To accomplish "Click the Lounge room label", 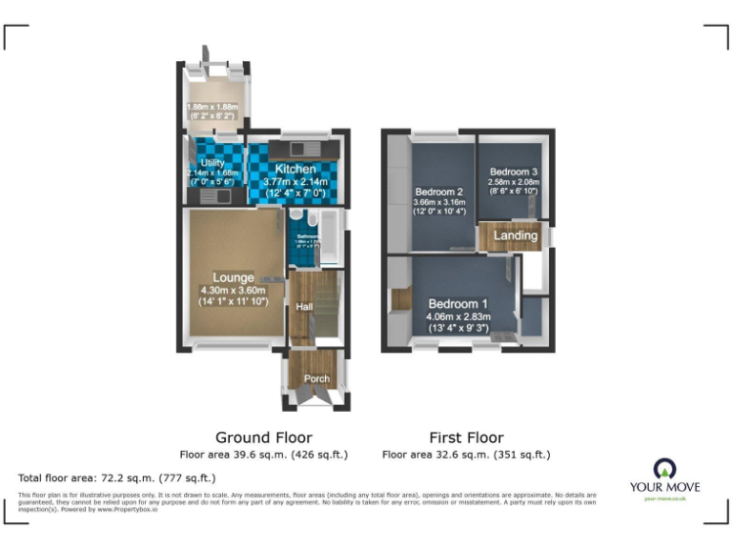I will click(234, 278).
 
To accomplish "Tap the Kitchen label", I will click(295, 169).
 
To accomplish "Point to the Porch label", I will click(316, 379).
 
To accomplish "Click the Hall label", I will click(305, 307).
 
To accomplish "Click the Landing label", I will click(515, 235).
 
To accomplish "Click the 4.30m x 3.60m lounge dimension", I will click(234, 291).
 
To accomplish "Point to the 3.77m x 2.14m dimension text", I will click(295, 182).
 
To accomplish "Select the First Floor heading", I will click(466, 438).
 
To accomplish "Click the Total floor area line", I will click(117, 478).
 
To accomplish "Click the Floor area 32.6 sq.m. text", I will click(466, 455).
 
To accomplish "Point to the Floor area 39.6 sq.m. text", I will click(264, 455).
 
